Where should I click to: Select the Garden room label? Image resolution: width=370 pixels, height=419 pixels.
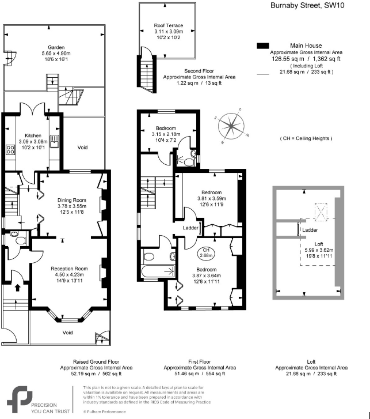pos(56,48)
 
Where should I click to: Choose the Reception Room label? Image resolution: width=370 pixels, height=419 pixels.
pos(69,269)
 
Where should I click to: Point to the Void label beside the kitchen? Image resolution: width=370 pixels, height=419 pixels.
pos(84,148)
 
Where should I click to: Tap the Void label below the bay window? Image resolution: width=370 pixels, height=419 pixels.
pos(68,333)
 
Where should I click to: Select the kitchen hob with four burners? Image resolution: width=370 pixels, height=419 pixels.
pos(10,150)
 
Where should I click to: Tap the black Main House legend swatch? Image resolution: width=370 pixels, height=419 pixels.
pos(263,46)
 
